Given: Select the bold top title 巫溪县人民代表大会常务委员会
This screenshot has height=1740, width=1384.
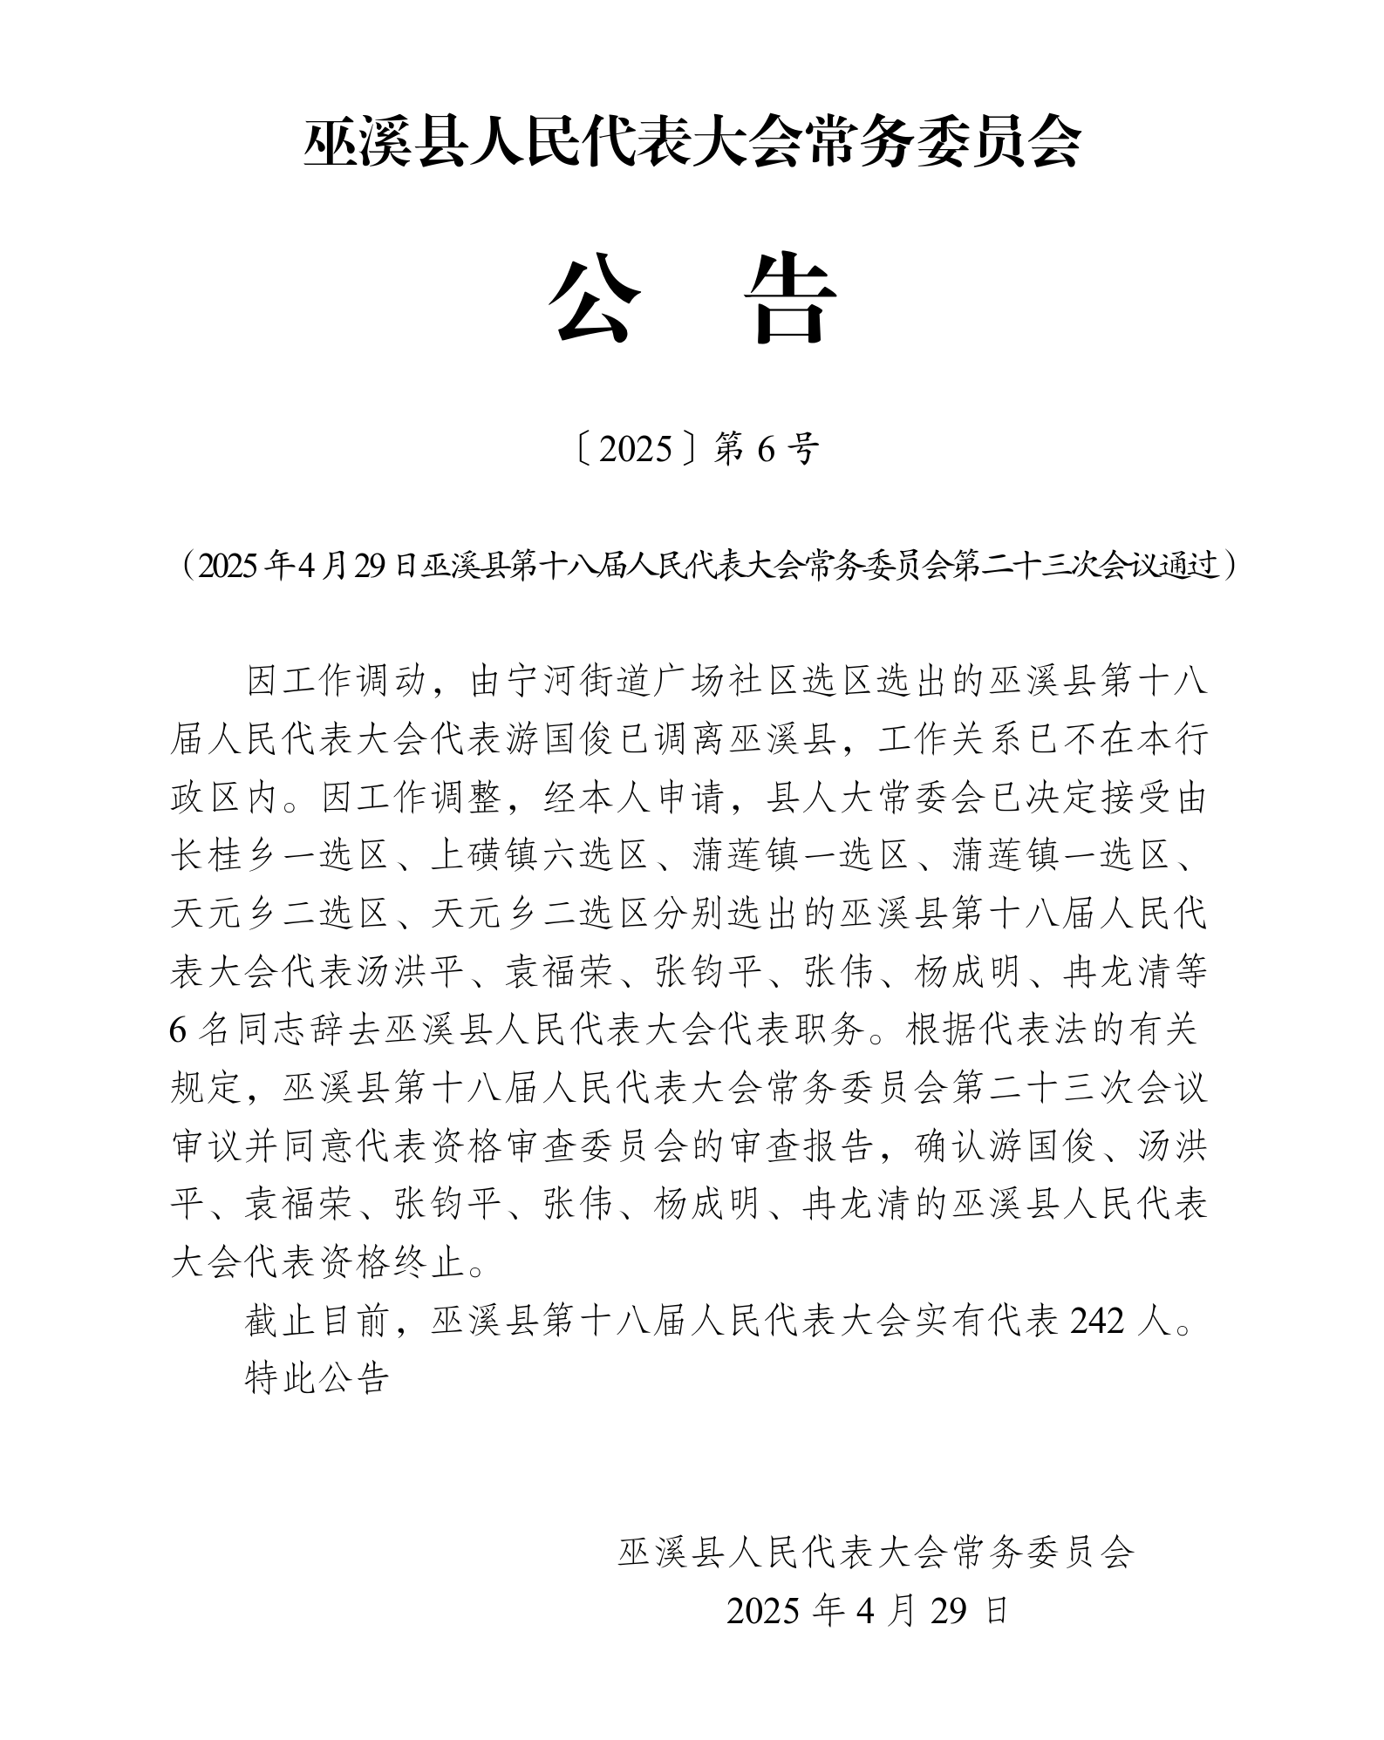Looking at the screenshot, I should pos(692,143).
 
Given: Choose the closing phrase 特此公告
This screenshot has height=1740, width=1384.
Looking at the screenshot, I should pos(317,1379).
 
